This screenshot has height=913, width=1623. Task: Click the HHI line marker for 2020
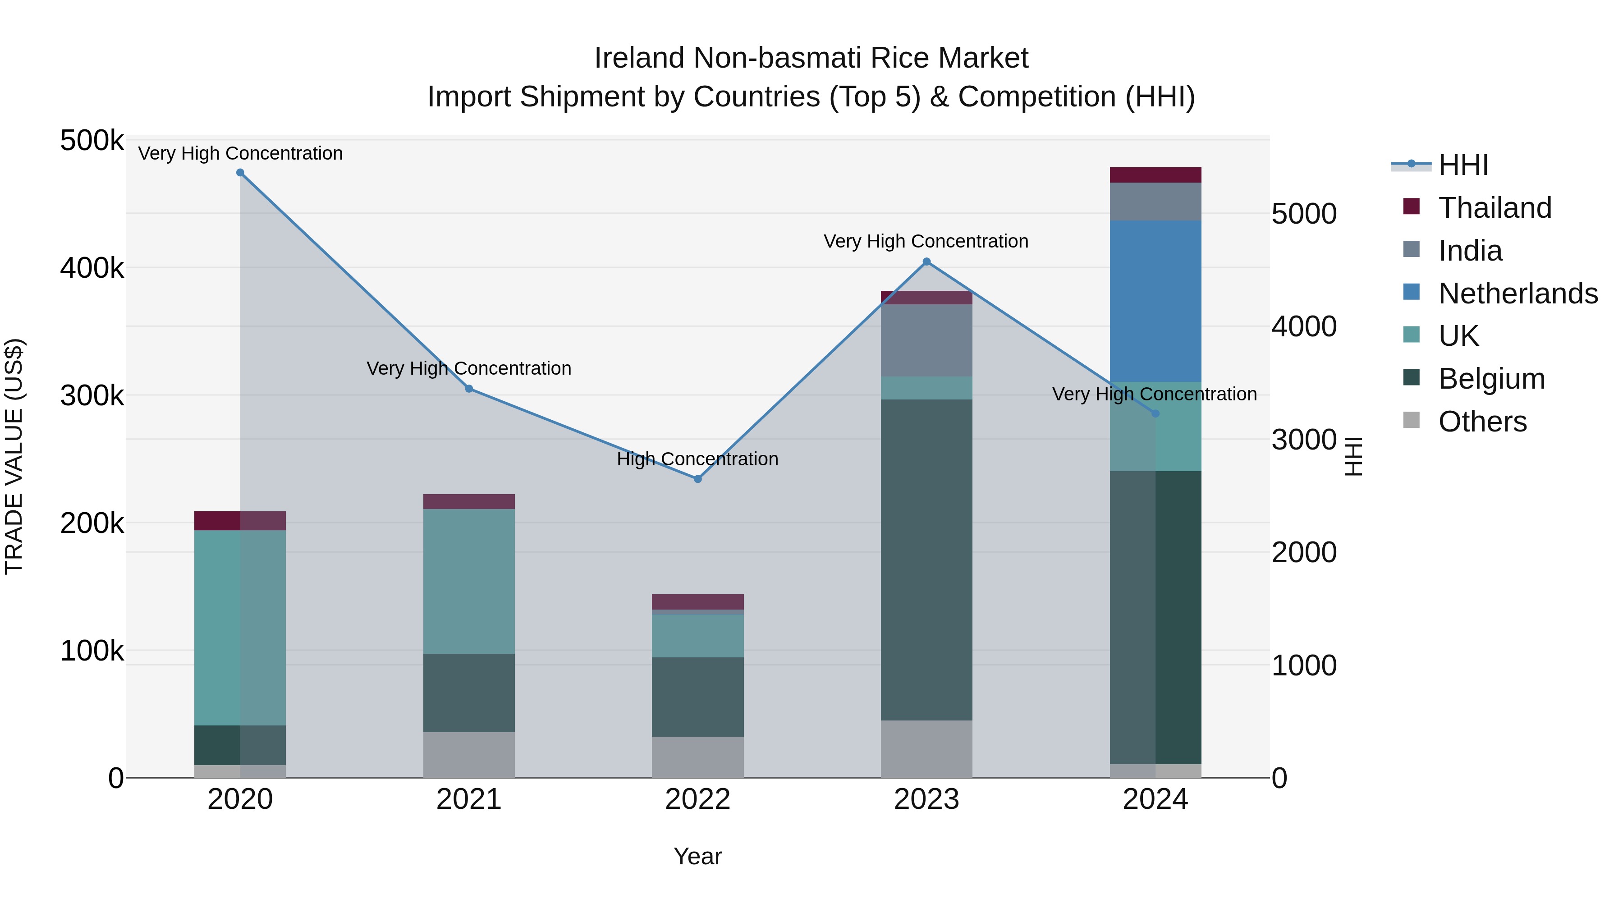(240, 173)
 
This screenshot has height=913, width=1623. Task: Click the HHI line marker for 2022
(697, 479)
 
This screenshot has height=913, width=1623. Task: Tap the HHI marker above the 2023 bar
(926, 262)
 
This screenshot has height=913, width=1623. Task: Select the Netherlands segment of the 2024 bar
(1155, 301)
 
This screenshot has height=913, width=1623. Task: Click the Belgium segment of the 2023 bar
(926, 560)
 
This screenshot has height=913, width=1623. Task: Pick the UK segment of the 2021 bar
(469, 581)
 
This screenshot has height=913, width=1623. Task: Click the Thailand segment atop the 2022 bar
(697, 602)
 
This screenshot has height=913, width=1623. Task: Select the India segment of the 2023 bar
(926, 340)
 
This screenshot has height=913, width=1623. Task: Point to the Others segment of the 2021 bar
(469, 754)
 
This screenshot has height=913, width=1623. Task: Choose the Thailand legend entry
(1495, 208)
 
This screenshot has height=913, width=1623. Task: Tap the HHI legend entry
(1463, 165)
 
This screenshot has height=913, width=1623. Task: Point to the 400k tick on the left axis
(92, 268)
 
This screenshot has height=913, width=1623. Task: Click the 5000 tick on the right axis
(1303, 214)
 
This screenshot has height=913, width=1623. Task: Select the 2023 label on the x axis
(926, 799)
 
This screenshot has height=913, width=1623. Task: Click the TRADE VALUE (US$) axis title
(14, 457)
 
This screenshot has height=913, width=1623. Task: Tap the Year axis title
(697, 856)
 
